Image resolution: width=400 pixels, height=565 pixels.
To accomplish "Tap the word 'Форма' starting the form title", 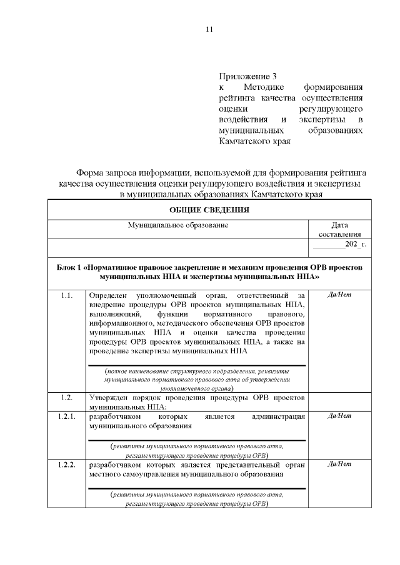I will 90,172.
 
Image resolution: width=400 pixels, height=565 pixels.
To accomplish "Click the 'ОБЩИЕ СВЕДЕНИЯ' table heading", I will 209,210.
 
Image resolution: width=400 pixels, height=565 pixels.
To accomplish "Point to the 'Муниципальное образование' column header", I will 178,224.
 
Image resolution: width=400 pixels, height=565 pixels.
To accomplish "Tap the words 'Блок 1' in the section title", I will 70,267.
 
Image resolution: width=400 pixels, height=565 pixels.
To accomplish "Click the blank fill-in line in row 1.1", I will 196,365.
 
